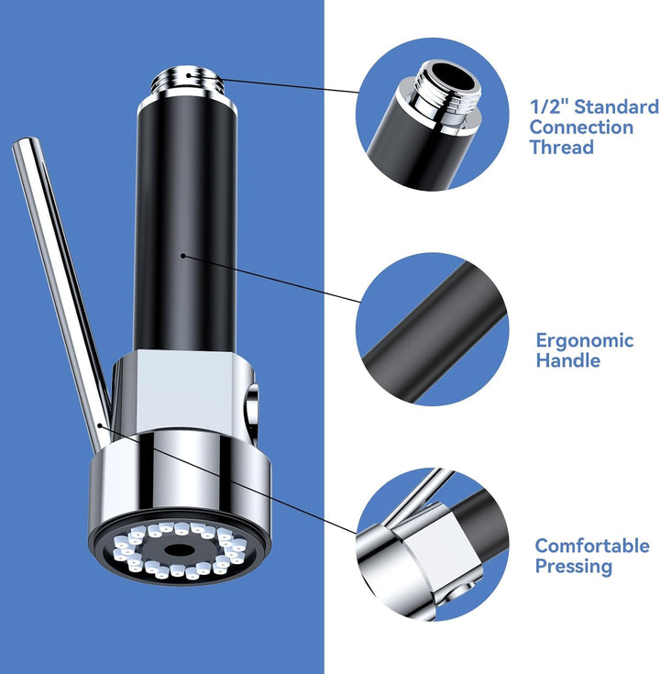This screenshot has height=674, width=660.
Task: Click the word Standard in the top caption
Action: [x=617, y=106]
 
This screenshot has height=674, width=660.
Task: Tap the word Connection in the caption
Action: [x=581, y=127]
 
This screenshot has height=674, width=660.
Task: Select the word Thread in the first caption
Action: [x=562, y=147]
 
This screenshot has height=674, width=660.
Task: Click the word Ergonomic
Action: [x=585, y=342]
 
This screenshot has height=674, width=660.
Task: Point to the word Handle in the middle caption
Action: [x=568, y=360]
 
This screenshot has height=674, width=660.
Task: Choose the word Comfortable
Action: [x=592, y=546]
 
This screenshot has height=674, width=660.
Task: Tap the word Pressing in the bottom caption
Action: [x=574, y=567]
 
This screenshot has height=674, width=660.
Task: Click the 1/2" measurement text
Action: [x=550, y=106]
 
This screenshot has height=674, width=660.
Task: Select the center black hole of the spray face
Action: [x=178, y=549]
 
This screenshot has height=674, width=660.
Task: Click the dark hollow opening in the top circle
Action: [x=454, y=77]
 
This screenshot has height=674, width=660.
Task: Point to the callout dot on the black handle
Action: [x=183, y=256]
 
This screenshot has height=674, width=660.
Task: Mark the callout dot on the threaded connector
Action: [x=189, y=75]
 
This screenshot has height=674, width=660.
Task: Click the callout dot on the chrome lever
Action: [x=100, y=425]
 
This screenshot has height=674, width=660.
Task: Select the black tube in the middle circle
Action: [x=434, y=333]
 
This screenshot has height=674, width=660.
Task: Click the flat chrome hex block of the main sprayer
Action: [x=181, y=392]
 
